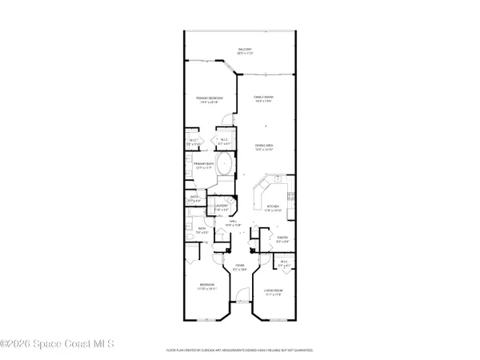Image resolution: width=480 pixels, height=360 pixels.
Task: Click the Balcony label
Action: pos(245,50)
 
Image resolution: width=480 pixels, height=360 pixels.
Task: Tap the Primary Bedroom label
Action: pos(210,99)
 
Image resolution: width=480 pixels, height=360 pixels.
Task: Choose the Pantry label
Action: pos(282,238)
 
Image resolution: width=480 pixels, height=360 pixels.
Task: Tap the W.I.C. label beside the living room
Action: pos(282,264)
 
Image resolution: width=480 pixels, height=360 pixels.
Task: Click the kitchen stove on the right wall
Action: pos(291,197)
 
